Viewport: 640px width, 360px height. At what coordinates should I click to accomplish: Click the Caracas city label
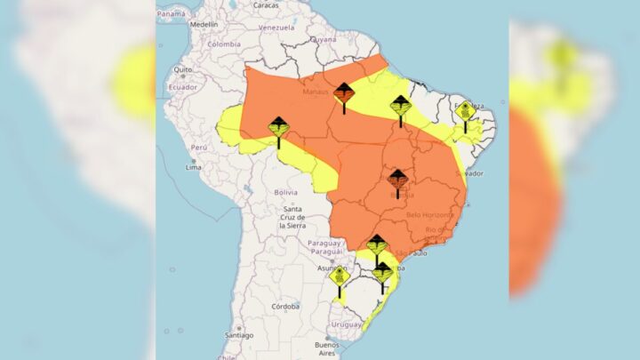click(x=265, y=5)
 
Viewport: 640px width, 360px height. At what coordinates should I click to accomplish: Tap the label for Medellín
click(x=204, y=24)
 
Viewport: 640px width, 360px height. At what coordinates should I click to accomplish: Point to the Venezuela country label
click(x=276, y=28)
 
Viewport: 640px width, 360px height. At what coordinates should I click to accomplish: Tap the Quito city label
click(x=183, y=68)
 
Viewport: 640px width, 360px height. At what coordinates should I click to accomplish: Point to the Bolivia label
click(x=285, y=192)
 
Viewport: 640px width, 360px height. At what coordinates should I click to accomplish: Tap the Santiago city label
click(x=239, y=335)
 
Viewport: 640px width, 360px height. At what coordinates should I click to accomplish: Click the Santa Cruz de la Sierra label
click(x=292, y=218)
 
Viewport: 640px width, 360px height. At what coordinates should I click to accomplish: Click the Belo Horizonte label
click(x=429, y=214)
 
